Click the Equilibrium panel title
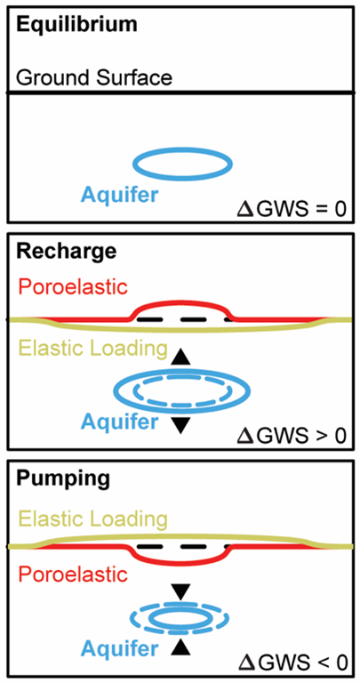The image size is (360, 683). click(76, 25)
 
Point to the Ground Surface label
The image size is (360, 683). click(94, 78)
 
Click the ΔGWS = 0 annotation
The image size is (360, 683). click(292, 208)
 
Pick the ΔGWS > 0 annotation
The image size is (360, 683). click(292, 435)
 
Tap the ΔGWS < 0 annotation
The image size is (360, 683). click(292, 662)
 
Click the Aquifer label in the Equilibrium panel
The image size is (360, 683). click(119, 195)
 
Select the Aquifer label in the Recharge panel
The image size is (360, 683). click(119, 422)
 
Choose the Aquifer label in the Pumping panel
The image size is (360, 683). click(119, 649)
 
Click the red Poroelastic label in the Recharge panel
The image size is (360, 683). click(73, 287)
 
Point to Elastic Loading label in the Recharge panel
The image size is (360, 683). click(92, 349)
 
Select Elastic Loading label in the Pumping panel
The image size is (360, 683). click(92, 519)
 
